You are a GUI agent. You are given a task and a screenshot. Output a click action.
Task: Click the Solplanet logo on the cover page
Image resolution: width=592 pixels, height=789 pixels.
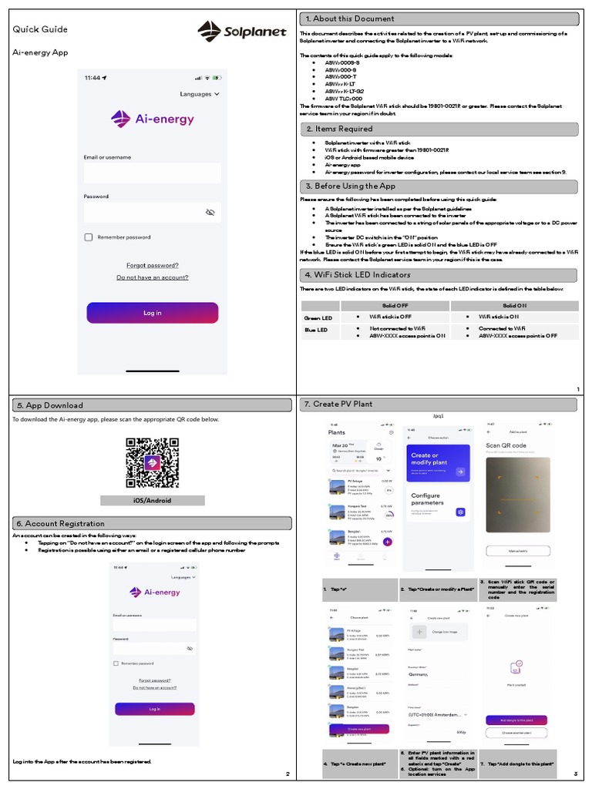pyautogui.click(x=241, y=32)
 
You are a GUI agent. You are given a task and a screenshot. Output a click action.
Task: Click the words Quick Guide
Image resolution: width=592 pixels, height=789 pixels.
pyautogui.click(x=40, y=29)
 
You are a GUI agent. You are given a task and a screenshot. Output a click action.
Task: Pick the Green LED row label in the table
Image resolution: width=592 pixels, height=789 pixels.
pyautogui.click(x=318, y=317)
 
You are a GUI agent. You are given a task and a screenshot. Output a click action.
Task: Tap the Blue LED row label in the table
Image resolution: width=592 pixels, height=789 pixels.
pyautogui.click(x=316, y=331)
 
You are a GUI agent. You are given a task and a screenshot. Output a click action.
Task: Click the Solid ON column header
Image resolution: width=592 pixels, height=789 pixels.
pyautogui.click(x=514, y=306)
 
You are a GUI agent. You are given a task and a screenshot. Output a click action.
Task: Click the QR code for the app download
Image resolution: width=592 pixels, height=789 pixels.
pyautogui.click(x=152, y=463)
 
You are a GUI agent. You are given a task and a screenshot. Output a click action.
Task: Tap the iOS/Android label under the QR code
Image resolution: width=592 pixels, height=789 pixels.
pyautogui.click(x=152, y=501)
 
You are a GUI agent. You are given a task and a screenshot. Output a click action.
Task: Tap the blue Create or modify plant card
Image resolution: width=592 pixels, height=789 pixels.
pyautogui.click(x=437, y=462)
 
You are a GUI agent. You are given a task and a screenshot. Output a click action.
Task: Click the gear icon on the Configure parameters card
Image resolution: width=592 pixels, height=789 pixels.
pyautogui.click(x=460, y=512)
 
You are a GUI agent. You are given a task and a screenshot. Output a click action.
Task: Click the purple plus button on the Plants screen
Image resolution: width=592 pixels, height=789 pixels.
pyautogui.click(x=387, y=542)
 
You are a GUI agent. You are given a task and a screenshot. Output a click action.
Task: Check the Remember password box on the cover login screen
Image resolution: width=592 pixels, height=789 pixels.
pyautogui.click(x=89, y=237)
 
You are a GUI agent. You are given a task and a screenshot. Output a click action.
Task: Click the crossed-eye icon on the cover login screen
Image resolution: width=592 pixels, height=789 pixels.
pyautogui.click(x=210, y=212)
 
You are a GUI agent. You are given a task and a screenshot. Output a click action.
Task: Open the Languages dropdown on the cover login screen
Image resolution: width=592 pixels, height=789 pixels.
pyautogui.click(x=200, y=94)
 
